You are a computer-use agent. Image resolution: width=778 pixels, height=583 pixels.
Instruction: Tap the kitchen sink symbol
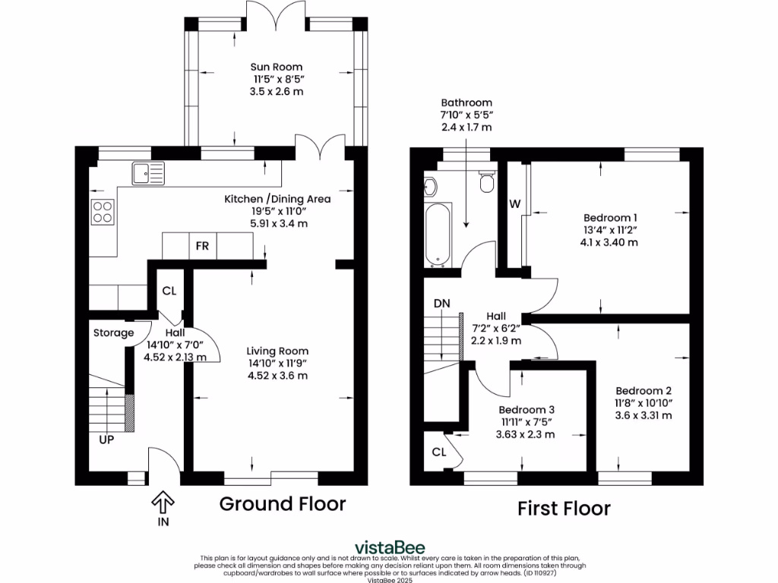pyautogui.click(x=147, y=173)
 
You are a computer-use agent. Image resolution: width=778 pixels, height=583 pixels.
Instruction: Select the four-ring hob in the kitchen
pyautogui.click(x=103, y=211)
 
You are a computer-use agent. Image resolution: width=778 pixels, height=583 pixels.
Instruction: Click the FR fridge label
pyautogui.click(x=203, y=247)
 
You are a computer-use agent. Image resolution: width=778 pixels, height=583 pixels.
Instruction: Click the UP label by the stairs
pyautogui.click(x=106, y=439)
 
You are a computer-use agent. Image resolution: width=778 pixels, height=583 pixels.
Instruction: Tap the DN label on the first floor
pyautogui.click(x=442, y=304)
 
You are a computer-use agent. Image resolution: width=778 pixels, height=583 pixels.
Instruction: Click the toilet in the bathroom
pyautogui.click(x=485, y=183)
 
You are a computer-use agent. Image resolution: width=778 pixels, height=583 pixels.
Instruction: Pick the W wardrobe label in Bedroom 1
pyautogui.click(x=514, y=203)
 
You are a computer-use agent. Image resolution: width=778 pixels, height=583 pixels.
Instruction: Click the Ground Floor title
pyautogui.click(x=283, y=503)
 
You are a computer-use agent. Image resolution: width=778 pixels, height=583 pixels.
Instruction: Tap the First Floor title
pyautogui.click(x=564, y=508)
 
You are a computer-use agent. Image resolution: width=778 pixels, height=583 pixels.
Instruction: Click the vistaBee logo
pyautogui.click(x=391, y=547)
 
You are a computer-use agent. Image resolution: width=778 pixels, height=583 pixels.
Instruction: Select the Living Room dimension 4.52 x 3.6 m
pyautogui.click(x=277, y=376)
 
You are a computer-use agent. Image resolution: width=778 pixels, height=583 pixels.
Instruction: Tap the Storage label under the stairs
pyautogui.click(x=113, y=332)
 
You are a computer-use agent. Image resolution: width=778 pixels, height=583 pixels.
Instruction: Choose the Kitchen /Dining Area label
pyautogui.click(x=277, y=199)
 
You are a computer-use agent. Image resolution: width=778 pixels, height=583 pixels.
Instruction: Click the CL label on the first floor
pyautogui.click(x=438, y=452)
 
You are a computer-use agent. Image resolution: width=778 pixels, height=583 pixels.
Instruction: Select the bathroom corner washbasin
pyautogui.click(x=430, y=185)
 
